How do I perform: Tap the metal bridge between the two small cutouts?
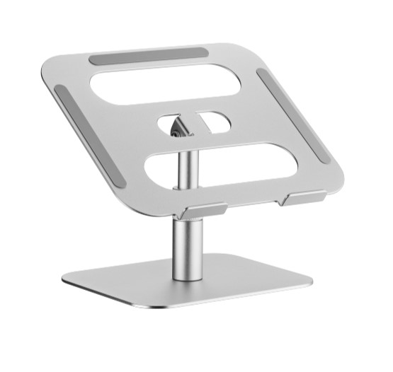tap(192, 121)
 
